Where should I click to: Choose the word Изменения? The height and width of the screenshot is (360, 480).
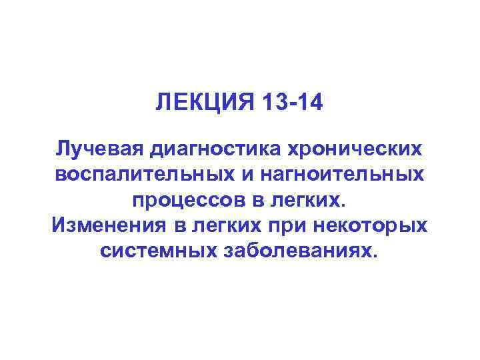pos(110,225)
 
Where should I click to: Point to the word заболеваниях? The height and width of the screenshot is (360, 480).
pos(306,251)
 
